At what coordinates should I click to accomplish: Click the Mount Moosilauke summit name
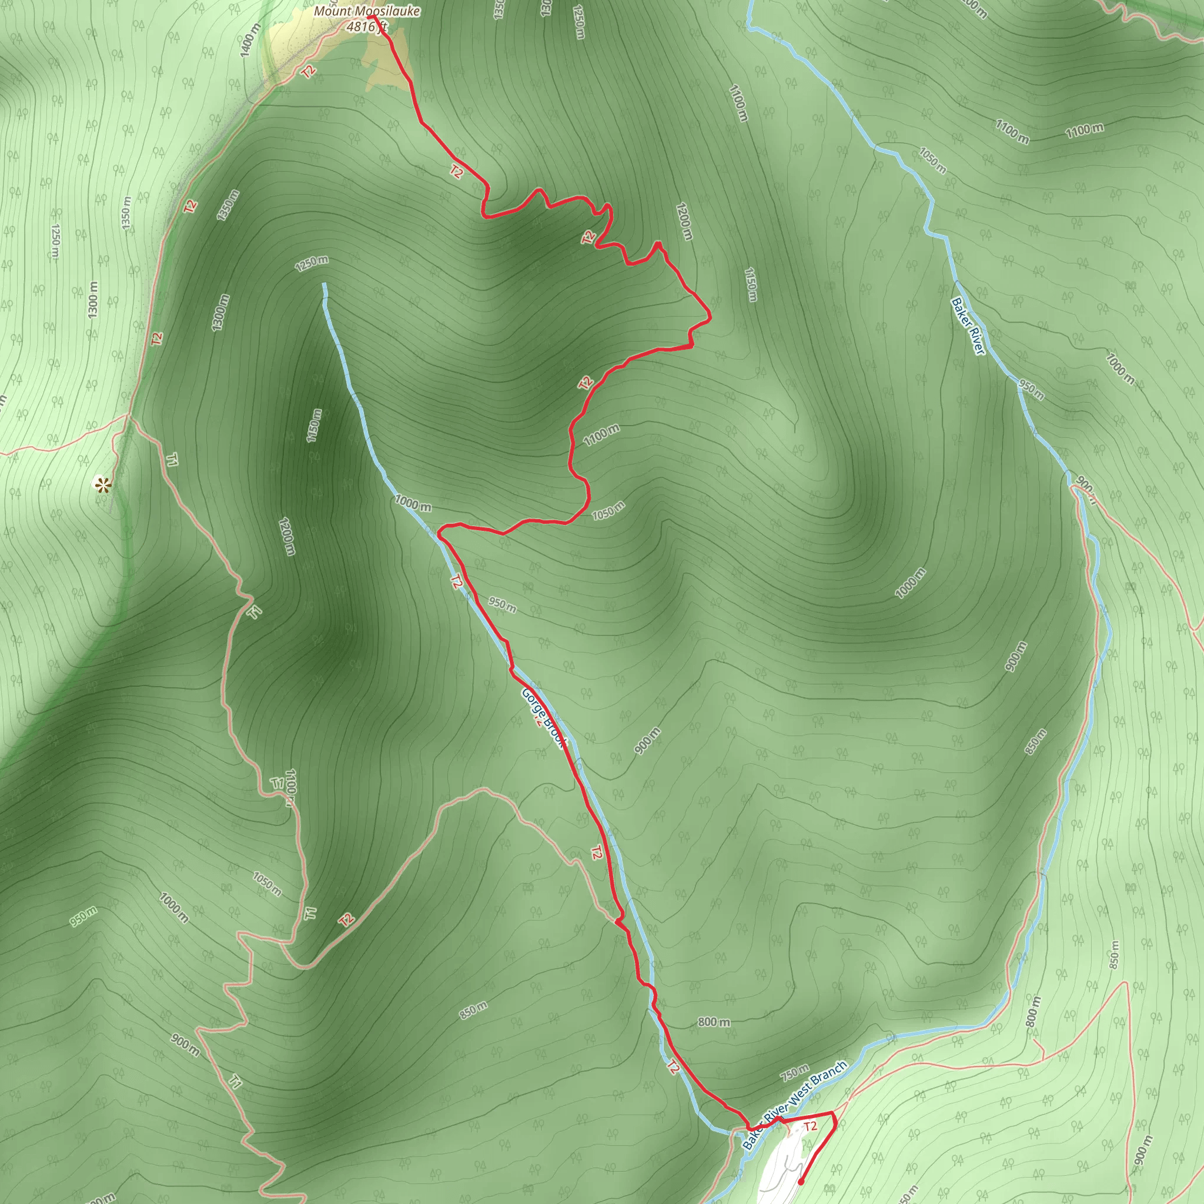366,11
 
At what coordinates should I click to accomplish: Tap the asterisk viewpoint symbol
102,484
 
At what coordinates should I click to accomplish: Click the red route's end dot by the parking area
801,1181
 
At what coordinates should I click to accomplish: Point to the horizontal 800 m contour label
714,1022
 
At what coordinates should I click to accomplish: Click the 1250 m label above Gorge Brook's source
312,263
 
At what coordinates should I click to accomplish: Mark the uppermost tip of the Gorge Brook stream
325,285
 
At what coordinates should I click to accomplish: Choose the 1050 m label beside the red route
608,511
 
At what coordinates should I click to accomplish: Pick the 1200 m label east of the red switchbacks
684,220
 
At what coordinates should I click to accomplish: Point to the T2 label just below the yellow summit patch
308,71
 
